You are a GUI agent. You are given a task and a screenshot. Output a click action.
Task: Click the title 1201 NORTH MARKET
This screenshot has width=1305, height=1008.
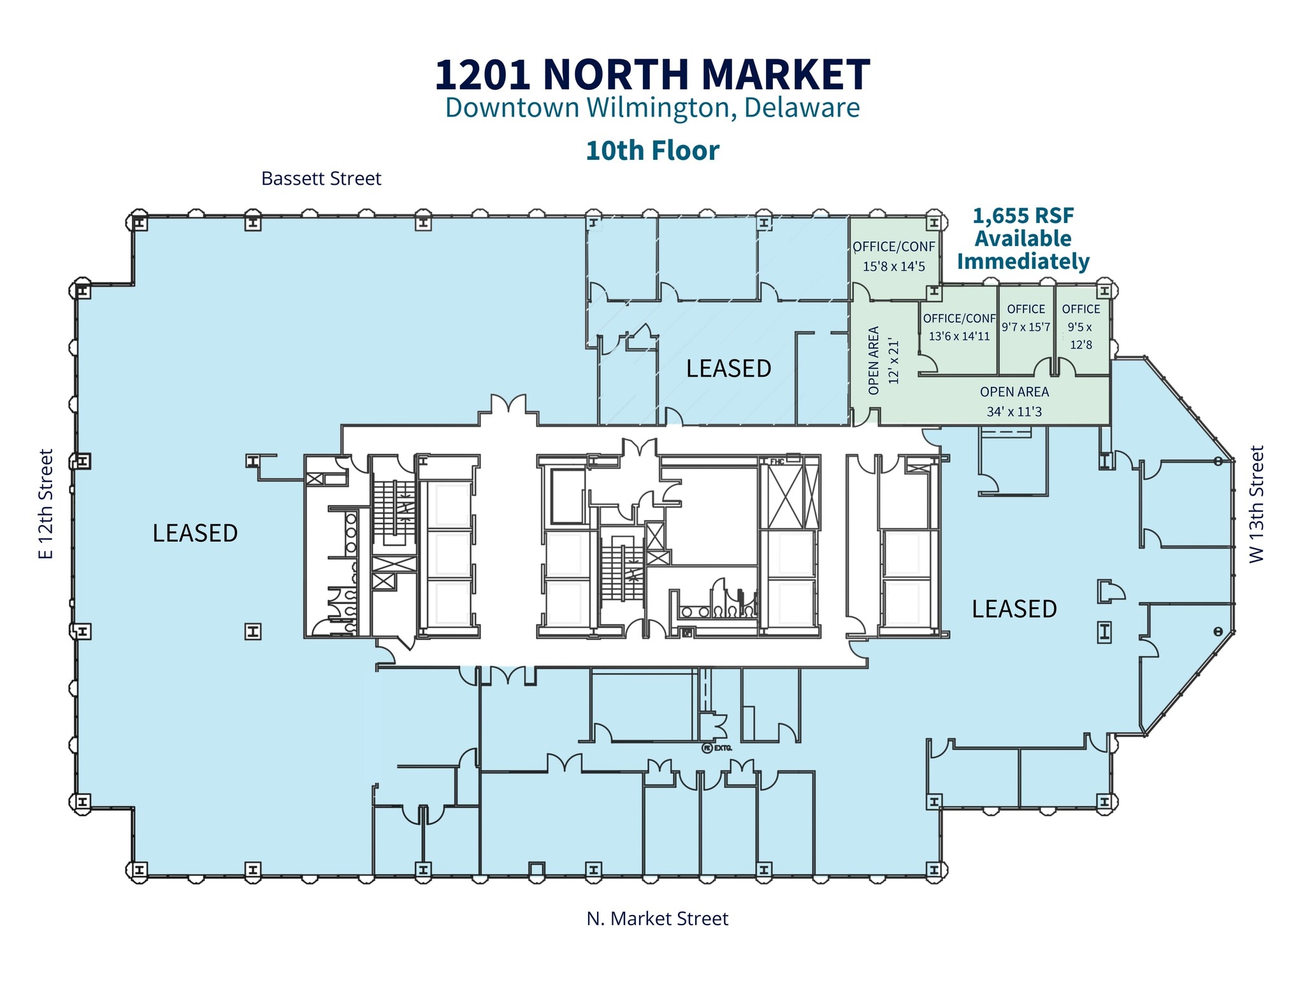point(652,75)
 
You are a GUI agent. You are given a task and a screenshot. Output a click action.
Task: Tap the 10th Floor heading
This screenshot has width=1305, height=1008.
point(652,151)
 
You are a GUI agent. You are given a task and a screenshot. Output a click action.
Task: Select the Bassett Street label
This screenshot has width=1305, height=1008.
point(321,178)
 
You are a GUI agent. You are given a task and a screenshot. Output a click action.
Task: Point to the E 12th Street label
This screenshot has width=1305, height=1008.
point(46,504)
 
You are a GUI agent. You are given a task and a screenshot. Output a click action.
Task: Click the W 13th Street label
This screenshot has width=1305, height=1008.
point(1256,504)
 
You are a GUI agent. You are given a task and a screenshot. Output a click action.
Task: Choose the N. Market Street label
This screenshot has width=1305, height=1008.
point(657,918)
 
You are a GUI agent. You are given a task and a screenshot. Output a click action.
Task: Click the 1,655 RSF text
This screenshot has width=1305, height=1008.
point(1023,216)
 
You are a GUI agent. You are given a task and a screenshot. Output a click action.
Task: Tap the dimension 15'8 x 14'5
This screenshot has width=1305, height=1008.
point(893,266)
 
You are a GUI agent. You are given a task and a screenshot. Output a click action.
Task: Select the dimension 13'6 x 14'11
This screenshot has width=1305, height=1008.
point(959,336)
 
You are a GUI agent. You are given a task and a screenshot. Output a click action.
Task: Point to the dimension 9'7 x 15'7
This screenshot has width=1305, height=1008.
point(1026,327)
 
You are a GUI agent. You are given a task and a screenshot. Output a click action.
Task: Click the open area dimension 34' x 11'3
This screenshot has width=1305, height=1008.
point(1014,412)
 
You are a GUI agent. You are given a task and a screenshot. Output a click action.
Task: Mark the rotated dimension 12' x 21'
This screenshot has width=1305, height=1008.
point(893,361)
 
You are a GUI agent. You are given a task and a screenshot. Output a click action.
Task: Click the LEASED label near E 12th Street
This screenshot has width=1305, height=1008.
point(195,533)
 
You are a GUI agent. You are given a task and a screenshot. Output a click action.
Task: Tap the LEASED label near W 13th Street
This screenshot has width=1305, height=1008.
point(1014,609)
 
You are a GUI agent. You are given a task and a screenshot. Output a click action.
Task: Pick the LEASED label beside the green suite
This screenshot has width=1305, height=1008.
point(728,368)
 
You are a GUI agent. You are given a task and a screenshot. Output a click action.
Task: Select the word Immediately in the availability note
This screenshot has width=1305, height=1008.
point(1023,261)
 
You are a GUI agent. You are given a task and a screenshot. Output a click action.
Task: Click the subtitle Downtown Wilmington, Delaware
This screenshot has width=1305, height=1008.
point(652,108)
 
